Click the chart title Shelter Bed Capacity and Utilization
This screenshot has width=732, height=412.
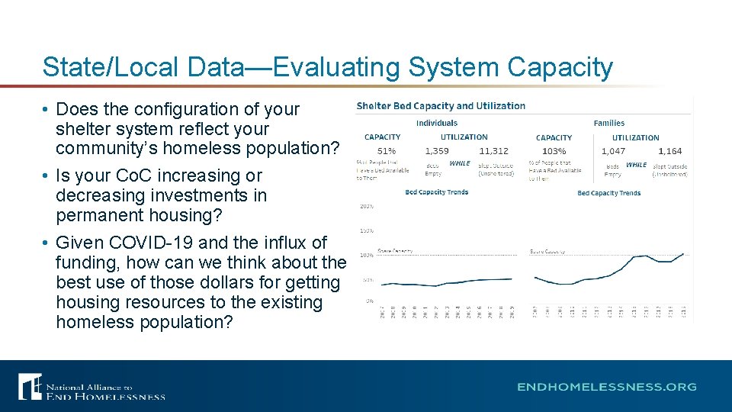[441, 106]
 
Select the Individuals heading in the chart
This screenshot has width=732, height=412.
[437, 123]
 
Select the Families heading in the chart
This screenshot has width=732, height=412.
[608, 123]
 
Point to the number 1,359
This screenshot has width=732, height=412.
[437, 151]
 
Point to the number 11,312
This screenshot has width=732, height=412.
[494, 151]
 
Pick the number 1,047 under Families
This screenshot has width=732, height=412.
[613, 151]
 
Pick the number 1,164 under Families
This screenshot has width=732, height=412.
[670, 151]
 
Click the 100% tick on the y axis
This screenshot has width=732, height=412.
[366, 255]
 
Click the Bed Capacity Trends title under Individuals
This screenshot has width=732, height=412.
[437, 192]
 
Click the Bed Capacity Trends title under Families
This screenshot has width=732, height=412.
[609, 193]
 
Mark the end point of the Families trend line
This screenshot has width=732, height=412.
[683, 254]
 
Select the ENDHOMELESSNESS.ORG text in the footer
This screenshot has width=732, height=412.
[607, 387]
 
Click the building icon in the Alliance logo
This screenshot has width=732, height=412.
[30, 387]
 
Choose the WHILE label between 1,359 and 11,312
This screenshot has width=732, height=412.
[460, 163]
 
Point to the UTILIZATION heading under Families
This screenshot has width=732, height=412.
[635, 138]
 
